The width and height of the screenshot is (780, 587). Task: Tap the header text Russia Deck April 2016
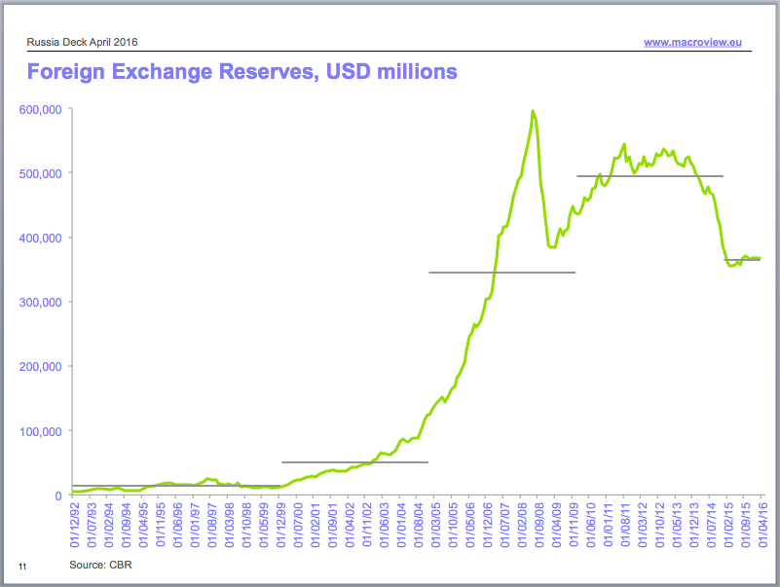click(82, 43)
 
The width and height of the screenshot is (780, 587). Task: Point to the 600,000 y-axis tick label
click(41, 109)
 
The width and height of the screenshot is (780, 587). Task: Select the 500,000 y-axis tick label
click(41, 173)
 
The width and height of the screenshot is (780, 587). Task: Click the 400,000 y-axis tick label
click(41, 238)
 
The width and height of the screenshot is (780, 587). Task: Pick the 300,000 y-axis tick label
click(41, 302)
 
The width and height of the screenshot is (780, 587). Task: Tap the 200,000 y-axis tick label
click(41, 366)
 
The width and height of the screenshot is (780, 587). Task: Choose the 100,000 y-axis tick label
click(41, 430)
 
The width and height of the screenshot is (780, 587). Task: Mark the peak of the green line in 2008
click(533, 111)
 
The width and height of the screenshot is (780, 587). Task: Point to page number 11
click(22, 566)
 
